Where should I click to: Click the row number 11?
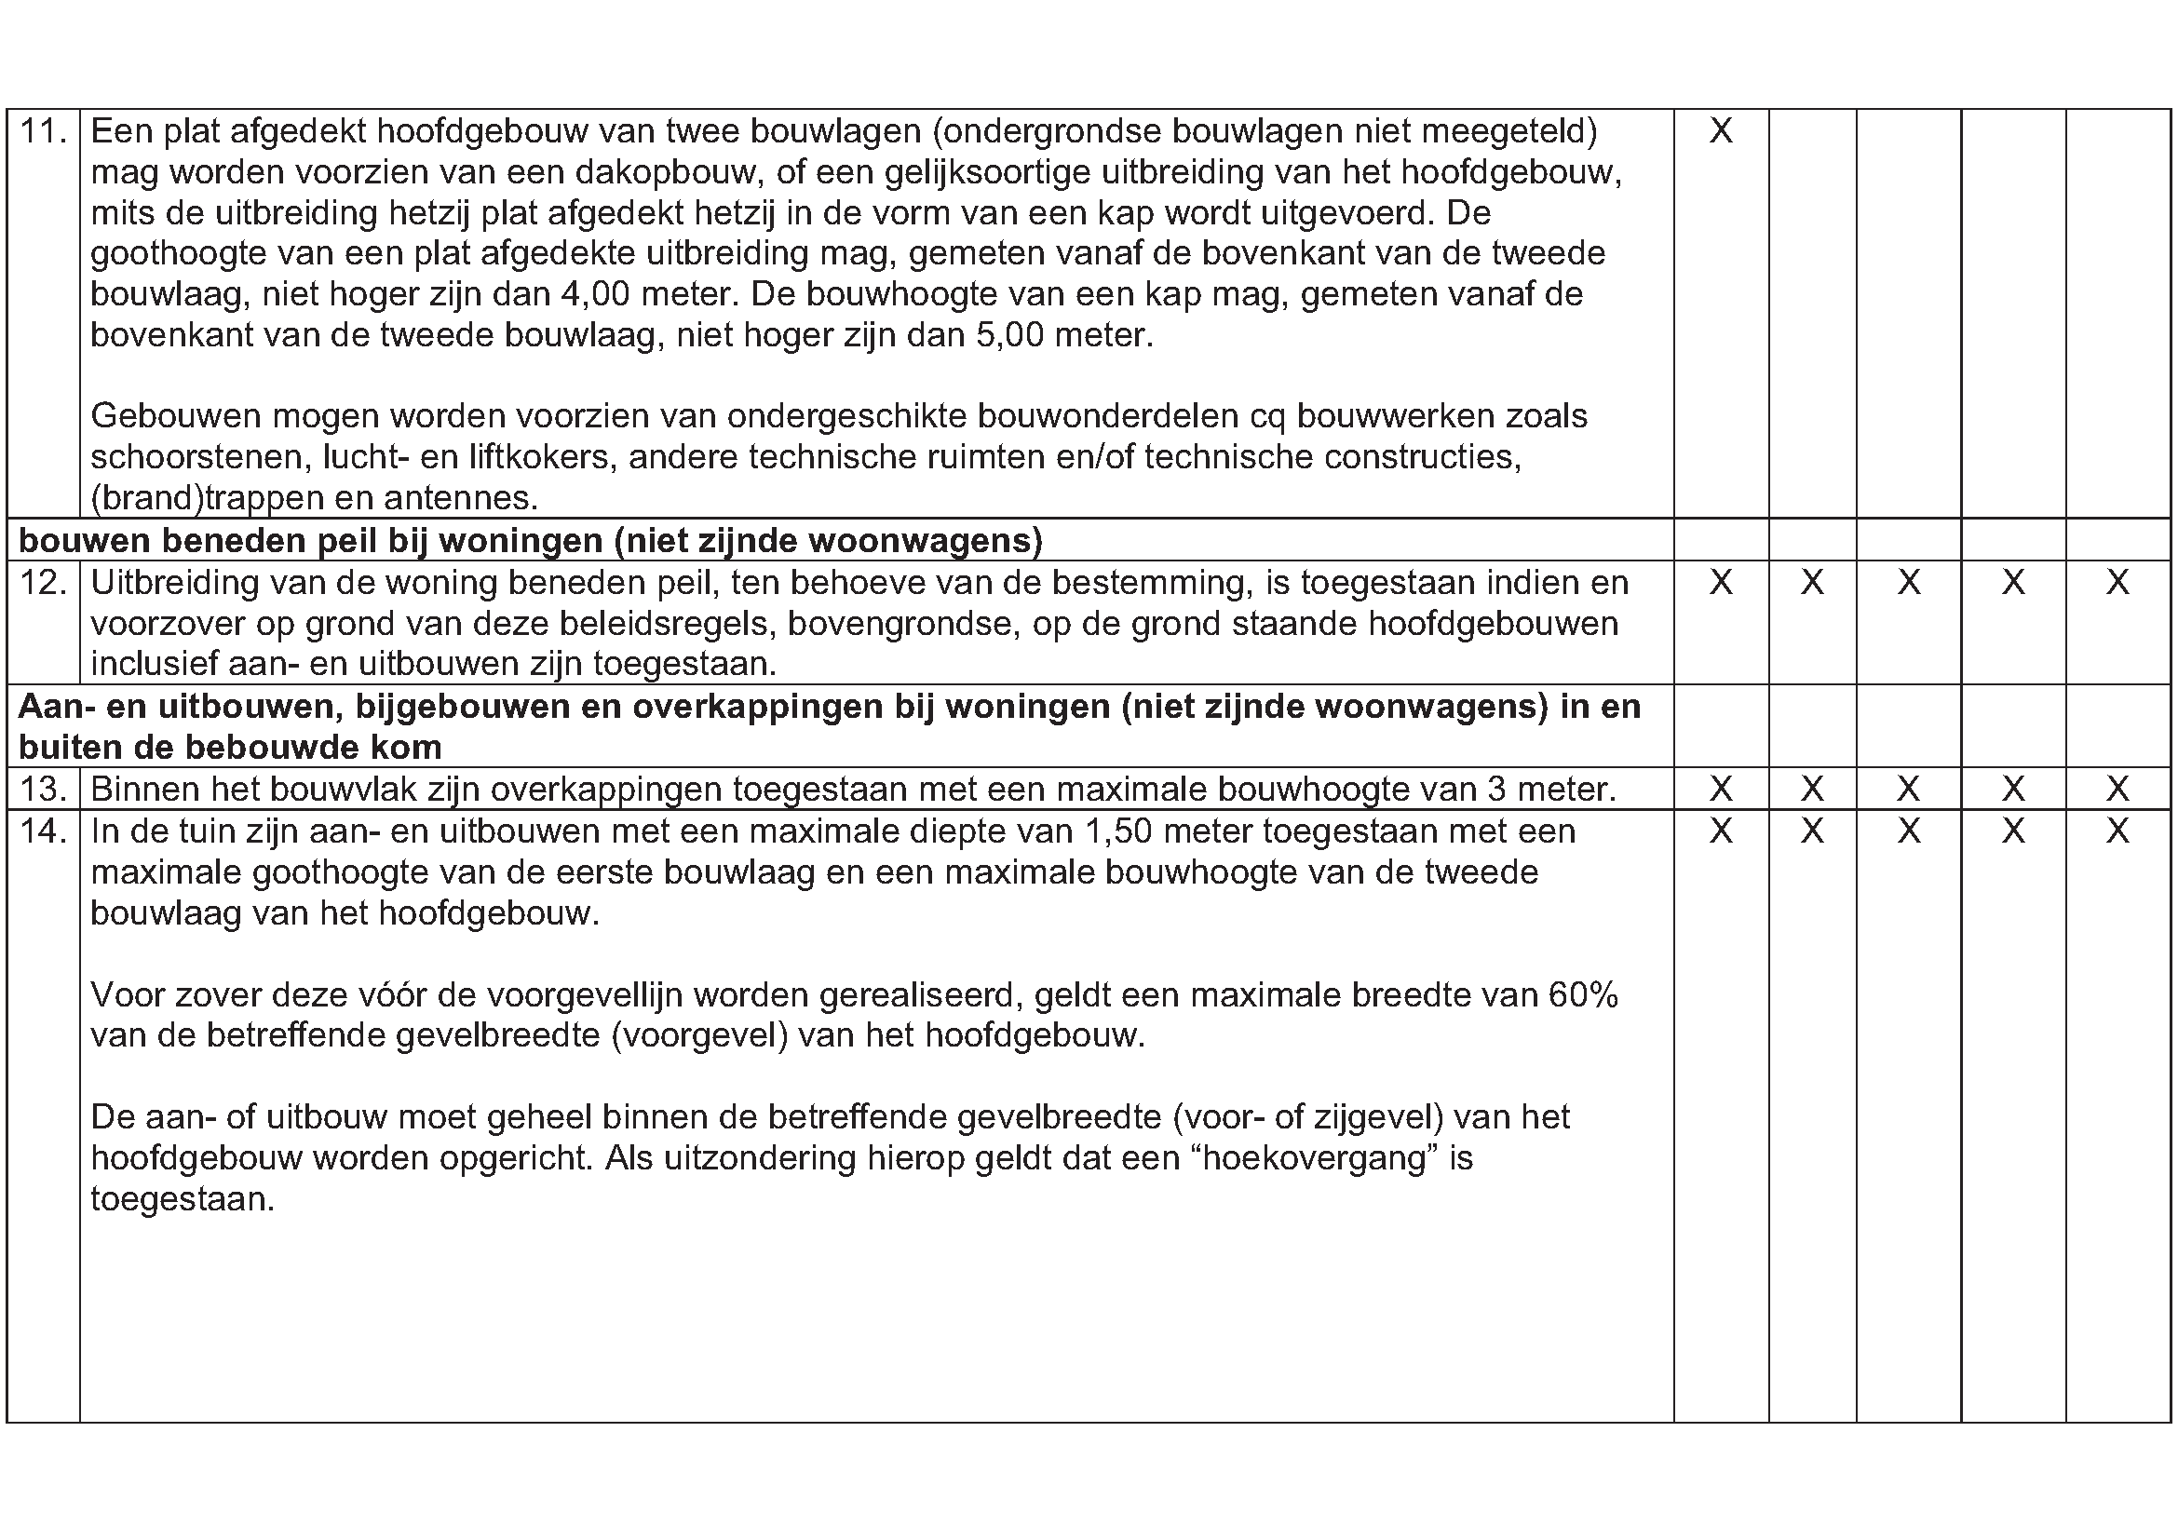pyautogui.click(x=43, y=131)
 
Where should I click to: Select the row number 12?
pyautogui.click(x=43, y=582)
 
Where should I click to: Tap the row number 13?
pyautogui.click(x=43, y=789)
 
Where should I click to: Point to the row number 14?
pyautogui.click(x=43, y=831)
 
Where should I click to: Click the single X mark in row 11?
pyautogui.click(x=1721, y=131)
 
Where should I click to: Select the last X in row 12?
pyautogui.click(x=2117, y=582)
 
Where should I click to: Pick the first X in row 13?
pyautogui.click(x=1721, y=789)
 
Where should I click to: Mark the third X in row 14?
pyautogui.click(x=1909, y=831)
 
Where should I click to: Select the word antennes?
pyautogui.click(x=461, y=499)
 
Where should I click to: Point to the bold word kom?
pyautogui.click(x=409, y=749)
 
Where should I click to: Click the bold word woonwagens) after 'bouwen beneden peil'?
pyautogui.click(x=926, y=542)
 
